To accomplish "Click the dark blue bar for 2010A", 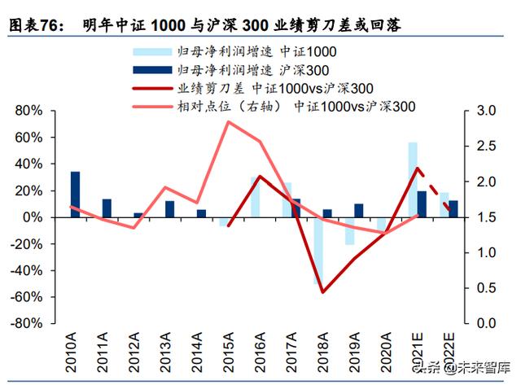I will point(75,195).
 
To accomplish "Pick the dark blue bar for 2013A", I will point(169,209).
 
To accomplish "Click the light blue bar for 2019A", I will point(350,231).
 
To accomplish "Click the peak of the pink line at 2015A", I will point(230,122).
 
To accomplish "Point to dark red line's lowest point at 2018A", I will point(323,292).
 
